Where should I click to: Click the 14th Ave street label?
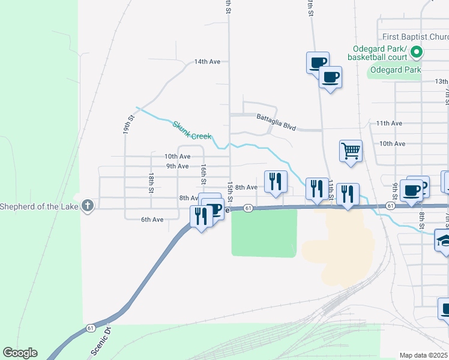(x=207, y=62)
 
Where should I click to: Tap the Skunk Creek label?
(x=192, y=130)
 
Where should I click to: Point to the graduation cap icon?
(x=444, y=241)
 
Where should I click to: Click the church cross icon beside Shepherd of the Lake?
(x=88, y=206)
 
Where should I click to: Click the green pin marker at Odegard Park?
(x=416, y=53)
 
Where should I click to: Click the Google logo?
(x=20, y=353)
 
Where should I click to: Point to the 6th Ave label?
(x=152, y=220)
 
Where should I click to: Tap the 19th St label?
(x=128, y=124)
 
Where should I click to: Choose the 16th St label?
(x=204, y=173)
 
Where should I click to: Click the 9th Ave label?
(x=178, y=166)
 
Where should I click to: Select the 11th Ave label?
(x=389, y=123)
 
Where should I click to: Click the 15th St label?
(x=229, y=191)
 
